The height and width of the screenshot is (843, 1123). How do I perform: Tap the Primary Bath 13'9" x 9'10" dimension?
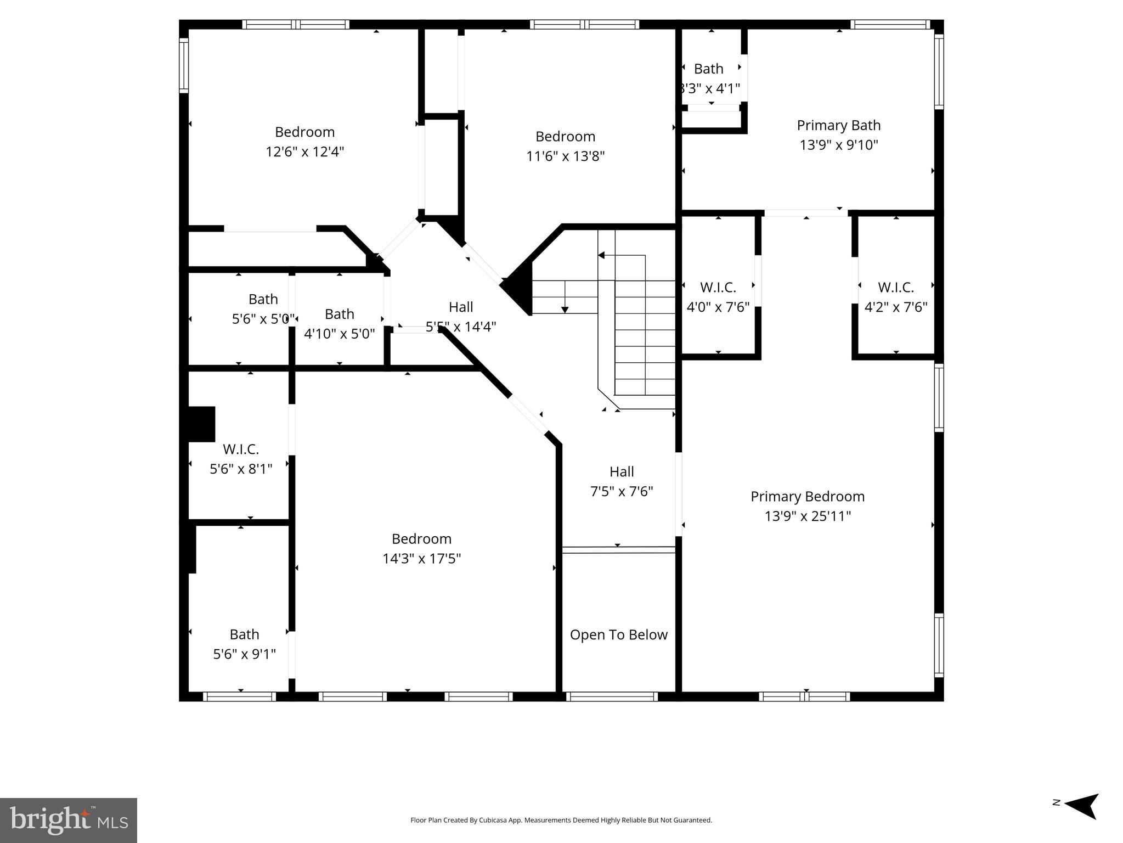coord(838,144)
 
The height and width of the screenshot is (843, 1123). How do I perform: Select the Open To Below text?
coord(618,634)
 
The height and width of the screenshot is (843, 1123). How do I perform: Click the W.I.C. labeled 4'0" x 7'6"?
coord(718,297)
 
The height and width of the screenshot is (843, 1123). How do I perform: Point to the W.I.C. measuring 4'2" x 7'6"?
coord(895,297)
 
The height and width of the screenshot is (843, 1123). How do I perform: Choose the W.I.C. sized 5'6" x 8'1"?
coord(240,459)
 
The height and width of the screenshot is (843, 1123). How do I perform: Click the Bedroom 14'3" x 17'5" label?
coord(421,548)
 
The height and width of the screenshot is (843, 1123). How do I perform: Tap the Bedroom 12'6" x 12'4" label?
coord(304,142)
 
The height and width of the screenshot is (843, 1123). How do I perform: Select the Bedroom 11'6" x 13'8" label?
coord(565,146)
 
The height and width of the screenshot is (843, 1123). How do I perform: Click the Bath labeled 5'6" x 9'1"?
coord(244,644)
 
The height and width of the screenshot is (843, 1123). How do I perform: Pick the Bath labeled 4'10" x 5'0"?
coord(339,323)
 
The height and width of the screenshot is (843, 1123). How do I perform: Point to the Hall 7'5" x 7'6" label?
coord(621,481)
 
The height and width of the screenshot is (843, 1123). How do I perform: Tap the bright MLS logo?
coord(69,820)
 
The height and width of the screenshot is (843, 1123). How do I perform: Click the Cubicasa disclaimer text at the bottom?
coord(561,820)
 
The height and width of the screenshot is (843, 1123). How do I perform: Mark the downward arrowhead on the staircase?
coord(565,310)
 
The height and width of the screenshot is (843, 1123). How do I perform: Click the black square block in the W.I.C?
coord(201,424)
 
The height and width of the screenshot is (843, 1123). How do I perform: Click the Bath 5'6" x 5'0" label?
coord(263,308)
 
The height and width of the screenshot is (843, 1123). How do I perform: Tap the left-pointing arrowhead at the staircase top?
coord(601,255)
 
